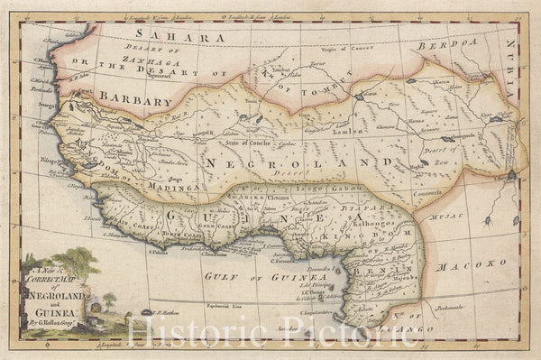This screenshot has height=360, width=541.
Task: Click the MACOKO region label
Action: (480, 267)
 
